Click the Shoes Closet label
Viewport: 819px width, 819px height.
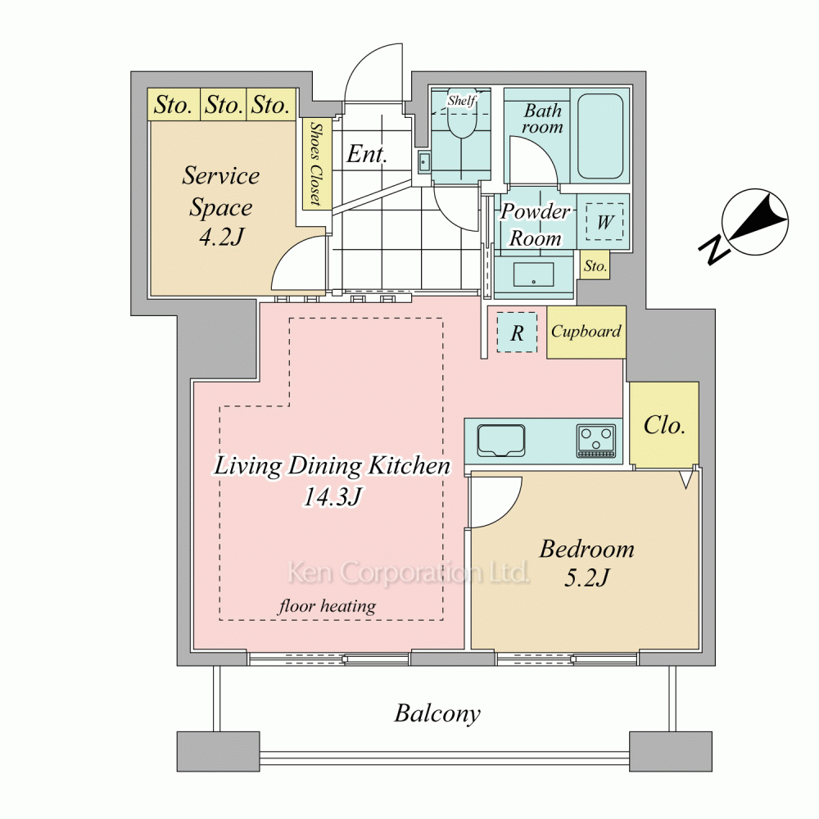[315, 164]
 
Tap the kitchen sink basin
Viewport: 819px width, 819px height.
[501, 441]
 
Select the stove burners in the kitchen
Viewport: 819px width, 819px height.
[596, 441]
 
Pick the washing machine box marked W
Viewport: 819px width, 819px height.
[604, 221]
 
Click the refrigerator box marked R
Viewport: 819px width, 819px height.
[517, 333]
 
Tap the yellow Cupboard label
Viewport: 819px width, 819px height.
[586, 331]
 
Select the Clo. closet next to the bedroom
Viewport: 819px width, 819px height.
[664, 424]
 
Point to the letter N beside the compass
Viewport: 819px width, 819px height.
[714, 250]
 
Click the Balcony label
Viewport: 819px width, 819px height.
[437, 713]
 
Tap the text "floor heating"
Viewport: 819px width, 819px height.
[327, 606]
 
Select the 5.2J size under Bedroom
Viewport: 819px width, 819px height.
[586, 577]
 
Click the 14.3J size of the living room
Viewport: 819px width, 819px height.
[333, 496]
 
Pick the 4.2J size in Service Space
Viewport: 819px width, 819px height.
[221, 238]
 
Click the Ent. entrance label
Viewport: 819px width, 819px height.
[367, 154]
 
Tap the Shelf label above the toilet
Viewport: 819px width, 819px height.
[462, 100]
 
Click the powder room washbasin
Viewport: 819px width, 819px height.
[533, 274]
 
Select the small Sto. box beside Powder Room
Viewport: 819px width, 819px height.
[595, 266]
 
